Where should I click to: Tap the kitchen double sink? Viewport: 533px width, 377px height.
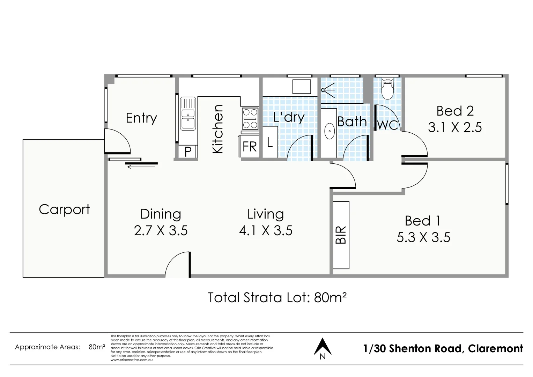188,114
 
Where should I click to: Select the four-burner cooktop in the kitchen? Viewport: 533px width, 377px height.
250,119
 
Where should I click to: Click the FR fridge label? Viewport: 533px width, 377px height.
250,147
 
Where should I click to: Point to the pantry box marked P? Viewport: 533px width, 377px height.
188,152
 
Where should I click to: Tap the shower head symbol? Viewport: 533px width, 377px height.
328,90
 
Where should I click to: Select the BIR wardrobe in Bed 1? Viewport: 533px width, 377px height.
341,235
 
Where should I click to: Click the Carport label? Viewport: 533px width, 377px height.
64,209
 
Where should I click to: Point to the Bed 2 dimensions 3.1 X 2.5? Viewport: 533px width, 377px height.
455,128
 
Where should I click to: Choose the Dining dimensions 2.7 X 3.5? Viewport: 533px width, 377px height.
161,231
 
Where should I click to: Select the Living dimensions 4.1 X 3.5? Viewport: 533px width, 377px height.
266,231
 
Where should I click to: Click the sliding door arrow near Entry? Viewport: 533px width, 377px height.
141,167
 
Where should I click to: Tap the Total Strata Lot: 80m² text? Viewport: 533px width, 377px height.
277,297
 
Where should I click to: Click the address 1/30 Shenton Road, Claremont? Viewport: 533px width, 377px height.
443,348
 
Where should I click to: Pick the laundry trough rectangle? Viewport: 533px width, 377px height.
301,87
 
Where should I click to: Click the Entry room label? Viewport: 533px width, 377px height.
141,118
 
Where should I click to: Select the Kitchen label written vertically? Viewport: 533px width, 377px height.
217,129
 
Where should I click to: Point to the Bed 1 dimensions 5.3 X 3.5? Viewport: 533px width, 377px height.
423,238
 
